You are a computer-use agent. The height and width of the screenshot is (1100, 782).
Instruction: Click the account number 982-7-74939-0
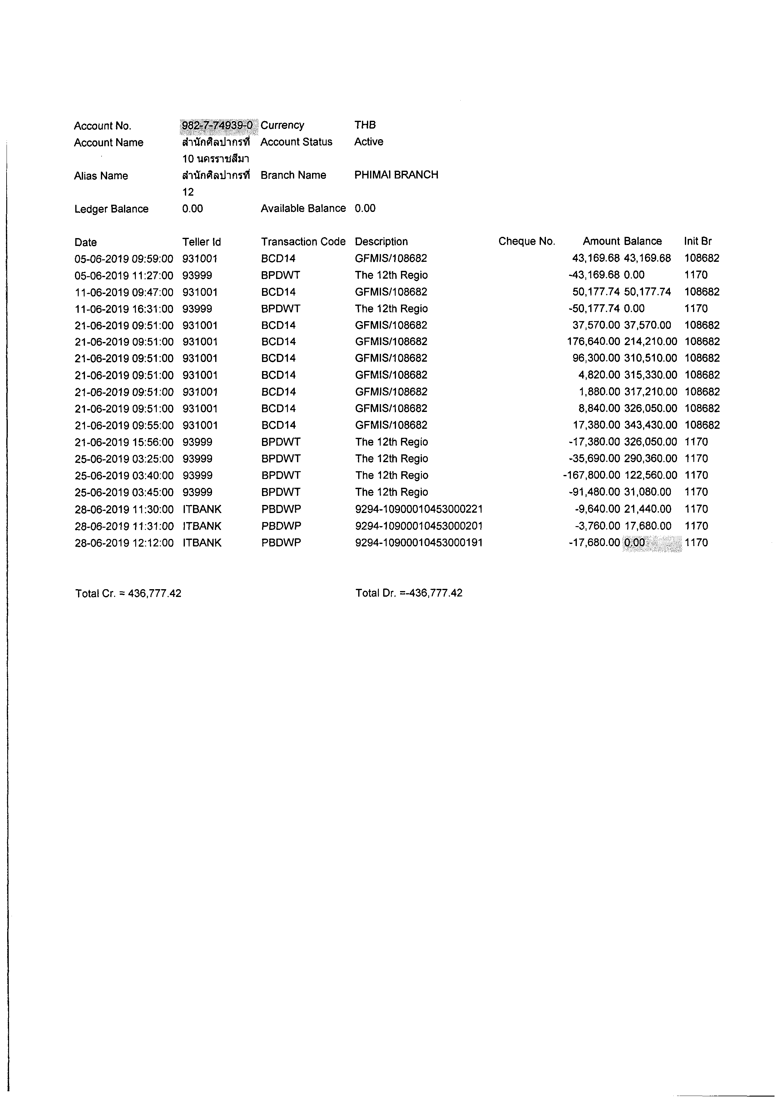pyautogui.click(x=217, y=125)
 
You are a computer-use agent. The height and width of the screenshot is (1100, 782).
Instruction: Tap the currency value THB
pyautogui.click(x=365, y=125)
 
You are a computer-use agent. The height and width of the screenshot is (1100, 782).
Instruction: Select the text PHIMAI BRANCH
pyautogui.click(x=396, y=175)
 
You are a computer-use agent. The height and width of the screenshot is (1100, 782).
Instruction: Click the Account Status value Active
pyautogui.click(x=369, y=142)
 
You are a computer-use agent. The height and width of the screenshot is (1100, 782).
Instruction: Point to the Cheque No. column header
pyautogui.click(x=527, y=242)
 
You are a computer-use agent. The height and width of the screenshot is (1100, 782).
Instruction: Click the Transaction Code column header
pyautogui.click(x=303, y=242)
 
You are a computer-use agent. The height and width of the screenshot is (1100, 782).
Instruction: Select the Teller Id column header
pyautogui.click(x=202, y=242)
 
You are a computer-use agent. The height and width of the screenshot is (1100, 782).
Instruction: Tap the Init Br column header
pyautogui.click(x=698, y=242)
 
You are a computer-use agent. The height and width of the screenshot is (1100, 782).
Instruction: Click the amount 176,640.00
pyautogui.click(x=594, y=342)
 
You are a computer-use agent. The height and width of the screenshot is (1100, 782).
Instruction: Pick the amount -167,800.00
pyautogui.click(x=591, y=475)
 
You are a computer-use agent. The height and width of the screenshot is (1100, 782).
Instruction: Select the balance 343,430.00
pyautogui.click(x=651, y=425)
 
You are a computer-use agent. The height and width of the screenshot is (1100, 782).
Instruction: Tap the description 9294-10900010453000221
pyautogui.click(x=419, y=509)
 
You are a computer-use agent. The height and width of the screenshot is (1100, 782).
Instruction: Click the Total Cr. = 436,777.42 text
pyautogui.click(x=128, y=593)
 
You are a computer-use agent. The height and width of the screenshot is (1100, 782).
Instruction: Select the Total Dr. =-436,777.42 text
pyautogui.click(x=409, y=593)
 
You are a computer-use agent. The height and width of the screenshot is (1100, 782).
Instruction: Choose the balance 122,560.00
pyautogui.click(x=651, y=475)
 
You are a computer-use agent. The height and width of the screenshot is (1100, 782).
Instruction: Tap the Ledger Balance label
pyautogui.click(x=111, y=209)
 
